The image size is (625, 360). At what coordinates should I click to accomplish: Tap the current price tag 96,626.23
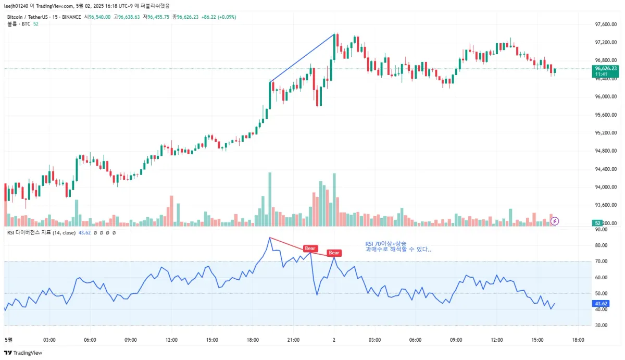[x=606, y=68]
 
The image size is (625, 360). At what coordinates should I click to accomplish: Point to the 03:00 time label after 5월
[x=49, y=340]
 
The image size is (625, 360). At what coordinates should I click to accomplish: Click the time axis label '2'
[x=334, y=340]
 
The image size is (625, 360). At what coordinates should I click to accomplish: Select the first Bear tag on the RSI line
[x=310, y=249]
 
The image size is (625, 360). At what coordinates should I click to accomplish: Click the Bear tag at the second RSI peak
[x=334, y=253]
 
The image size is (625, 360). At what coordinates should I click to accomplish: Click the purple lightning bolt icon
[x=555, y=221]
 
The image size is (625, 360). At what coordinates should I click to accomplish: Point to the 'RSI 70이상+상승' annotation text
[x=386, y=243]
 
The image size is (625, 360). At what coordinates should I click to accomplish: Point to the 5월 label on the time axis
[x=8, y=340]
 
